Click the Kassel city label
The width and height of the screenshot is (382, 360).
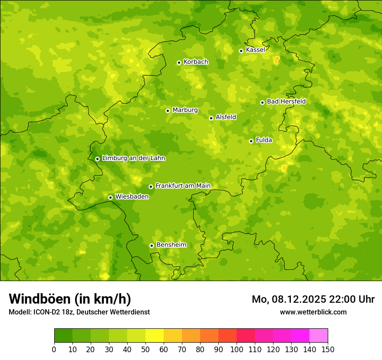pyautogui.click(x=255, y=50)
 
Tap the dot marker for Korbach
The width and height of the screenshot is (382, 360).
pyautogui.click(x=179, y=62)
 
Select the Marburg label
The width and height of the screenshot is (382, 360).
pyautogui.click(x=185, y=110)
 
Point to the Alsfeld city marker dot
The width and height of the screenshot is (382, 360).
pyautogui.click(x=211, y=118)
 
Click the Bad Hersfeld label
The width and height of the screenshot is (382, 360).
pyautogui.click(x=286, y=101)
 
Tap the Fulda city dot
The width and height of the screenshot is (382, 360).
pyautogui.click(x=251, y=141)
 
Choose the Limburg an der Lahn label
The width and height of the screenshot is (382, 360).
pyautogui.click(x=133, y=158)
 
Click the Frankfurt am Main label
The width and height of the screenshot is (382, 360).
pyautogui.click(x=183, y=186)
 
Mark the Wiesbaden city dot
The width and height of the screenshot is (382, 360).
pyautogui.click(x=110, y=197)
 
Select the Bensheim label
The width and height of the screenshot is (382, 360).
pyautogui.click(x=171, y=245)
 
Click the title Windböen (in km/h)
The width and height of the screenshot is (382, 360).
pyautogui.click(x=70, y=299)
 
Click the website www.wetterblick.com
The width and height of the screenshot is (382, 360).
pyautogui.click(x=313, y=312)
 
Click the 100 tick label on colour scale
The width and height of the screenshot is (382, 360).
pyautogui.click(x=237, y=349)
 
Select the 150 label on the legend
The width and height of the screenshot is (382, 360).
pyautogui.click(x=328, y=349)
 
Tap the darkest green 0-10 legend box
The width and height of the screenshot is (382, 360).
pyautogui.click(x=63, y=336)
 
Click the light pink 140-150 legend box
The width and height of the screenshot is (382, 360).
pyautogui.click(x=319, y=336)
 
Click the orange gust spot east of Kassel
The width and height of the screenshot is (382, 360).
pyautogui.click(x=277, y=60)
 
